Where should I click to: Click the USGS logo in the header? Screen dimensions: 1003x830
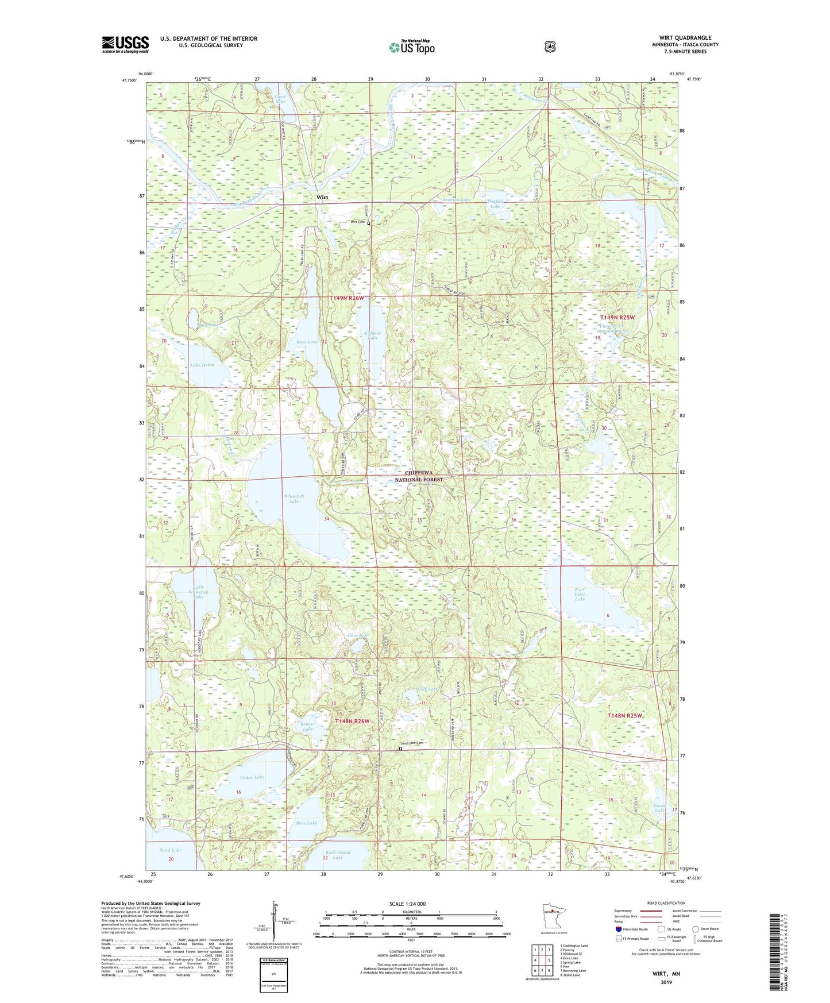[125, 44]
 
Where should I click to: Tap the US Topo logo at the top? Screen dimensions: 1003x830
[411, 47]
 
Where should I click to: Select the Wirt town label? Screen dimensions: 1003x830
[322, 197]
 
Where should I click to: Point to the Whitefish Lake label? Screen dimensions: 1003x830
[294, 499]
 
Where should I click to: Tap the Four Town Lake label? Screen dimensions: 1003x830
[580, 594]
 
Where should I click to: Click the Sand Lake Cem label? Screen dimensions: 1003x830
[411, 743]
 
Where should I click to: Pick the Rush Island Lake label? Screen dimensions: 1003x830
[337, 855]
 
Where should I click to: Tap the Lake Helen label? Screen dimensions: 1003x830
[202, 365]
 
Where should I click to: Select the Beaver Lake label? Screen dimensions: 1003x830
[307, 726]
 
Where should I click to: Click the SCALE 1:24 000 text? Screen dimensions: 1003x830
[407, 904]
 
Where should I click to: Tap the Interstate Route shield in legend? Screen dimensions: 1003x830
[618, 929]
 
